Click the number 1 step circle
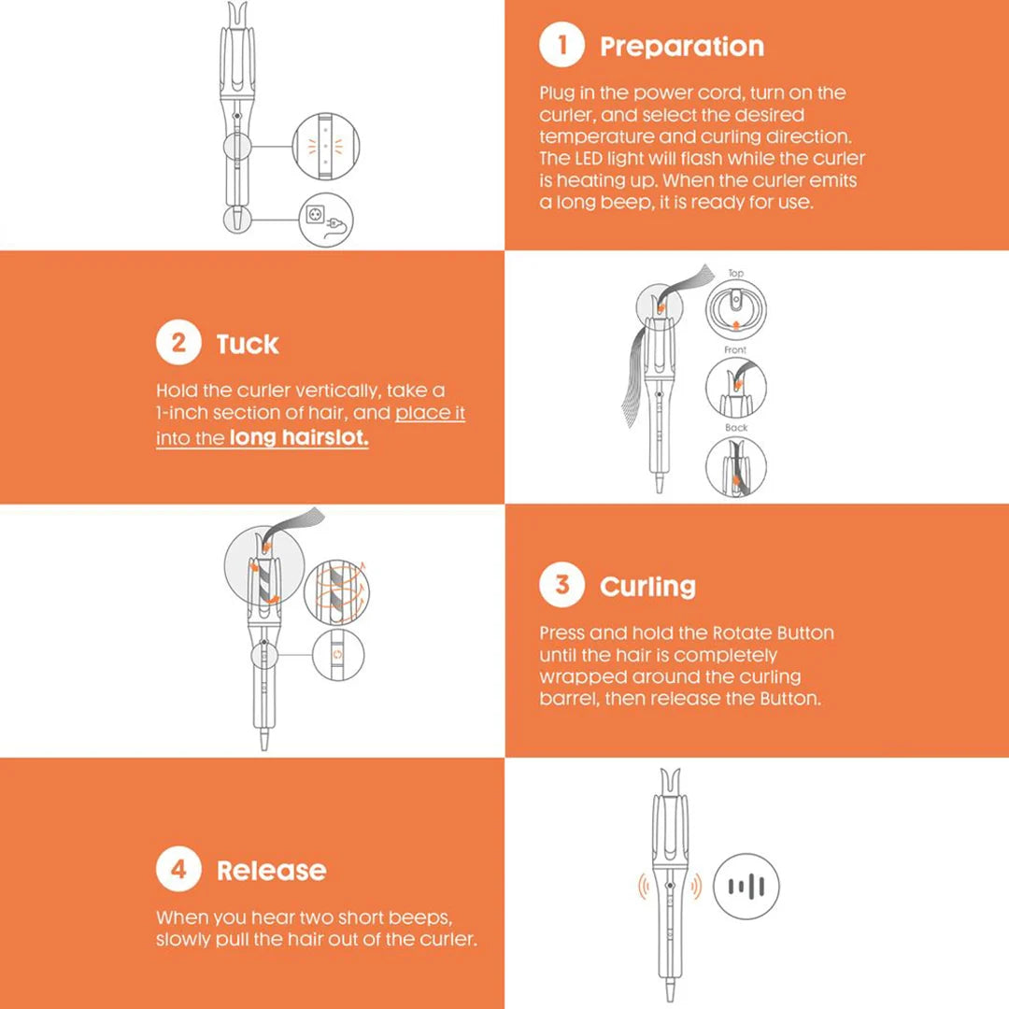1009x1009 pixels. click(561, 46)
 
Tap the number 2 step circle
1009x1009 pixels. click(178, 344)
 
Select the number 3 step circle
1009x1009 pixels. click(561, 586)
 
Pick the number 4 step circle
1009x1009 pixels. click(178, 870)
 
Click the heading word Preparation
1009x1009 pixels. click(682, 47)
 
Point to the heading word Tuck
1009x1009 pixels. click(248, 345)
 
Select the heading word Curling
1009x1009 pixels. click(647, 587)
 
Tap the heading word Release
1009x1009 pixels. click(271, 871)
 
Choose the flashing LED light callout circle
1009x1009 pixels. click(324, 147)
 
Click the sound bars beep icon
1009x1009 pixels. click(746, 887)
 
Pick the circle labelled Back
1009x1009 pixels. click(736, 465)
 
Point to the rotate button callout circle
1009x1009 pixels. click(338, 654)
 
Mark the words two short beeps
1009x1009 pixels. click(385, 918)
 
